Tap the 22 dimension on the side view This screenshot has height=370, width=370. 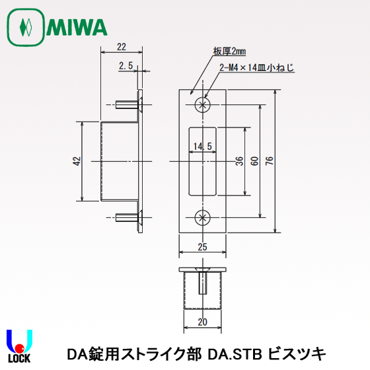tap(122, 47)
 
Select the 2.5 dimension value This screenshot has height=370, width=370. tap(127, 65)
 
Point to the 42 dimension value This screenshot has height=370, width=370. tap(77, 161)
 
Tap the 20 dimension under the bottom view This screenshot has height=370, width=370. tap(202, 322)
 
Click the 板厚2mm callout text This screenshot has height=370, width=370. tap(229, 51)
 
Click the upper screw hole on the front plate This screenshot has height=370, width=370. tap(203, 105)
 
